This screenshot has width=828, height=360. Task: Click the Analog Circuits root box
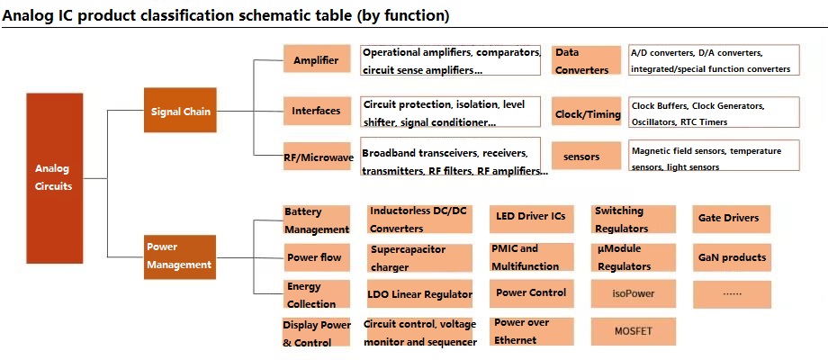(x=54, y=178)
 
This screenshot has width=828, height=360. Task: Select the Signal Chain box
(x=180, y=110)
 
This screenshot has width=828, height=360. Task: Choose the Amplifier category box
(x=317, y=58)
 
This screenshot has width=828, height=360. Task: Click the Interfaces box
(x=317, y=111)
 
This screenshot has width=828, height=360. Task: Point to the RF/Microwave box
(x=317, y=156)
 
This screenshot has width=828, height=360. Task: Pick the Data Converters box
(x=586, y=60)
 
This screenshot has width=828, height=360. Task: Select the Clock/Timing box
(x=586, y=112)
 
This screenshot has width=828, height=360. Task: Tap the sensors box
(x=586, y=157)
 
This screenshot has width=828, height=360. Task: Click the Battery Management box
(x=317, y=220)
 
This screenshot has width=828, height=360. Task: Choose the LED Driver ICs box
(x=531, y=219)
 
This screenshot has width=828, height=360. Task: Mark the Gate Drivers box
(x=732, y=219)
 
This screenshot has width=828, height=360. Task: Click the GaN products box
(x=732, y=257)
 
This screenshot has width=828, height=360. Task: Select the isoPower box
(x=634, y=293)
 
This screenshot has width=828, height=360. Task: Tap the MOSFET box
(x=634, y=331)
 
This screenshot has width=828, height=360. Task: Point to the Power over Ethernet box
(x=531, y=331)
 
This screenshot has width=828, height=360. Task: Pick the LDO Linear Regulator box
(x=419, y=294)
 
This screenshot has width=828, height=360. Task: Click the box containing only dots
(x=732, y=294)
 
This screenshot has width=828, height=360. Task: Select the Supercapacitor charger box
(x=419, y=258)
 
